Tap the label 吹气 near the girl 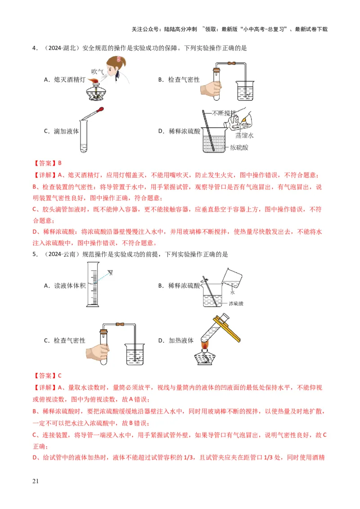pyautogui.click(x=98, y=71)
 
